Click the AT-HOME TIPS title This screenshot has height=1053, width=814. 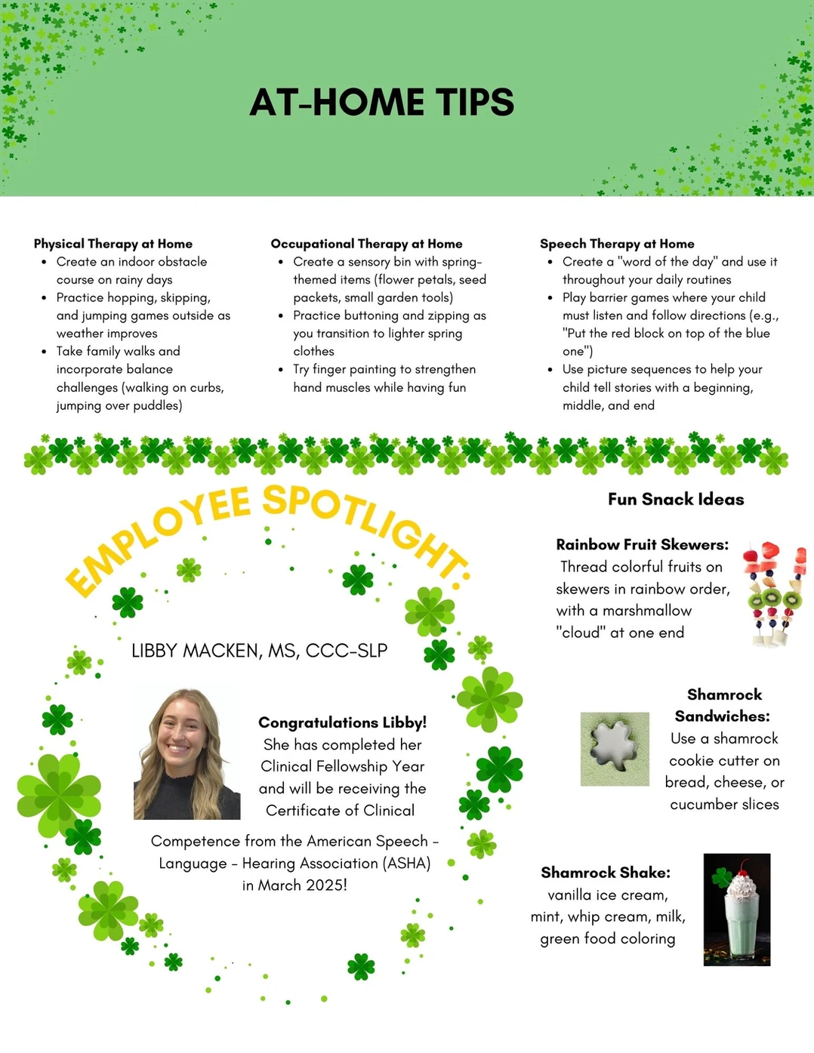(381, 103)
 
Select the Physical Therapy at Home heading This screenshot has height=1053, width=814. (113, 244)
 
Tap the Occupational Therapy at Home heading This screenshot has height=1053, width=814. (366, 244)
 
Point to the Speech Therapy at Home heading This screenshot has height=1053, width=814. (617, 244)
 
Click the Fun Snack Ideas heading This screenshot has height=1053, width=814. (676, 499)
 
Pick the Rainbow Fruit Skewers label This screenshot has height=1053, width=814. (643, 544)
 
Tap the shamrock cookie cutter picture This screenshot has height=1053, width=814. (615, 749)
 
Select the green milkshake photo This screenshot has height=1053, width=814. (737, 910)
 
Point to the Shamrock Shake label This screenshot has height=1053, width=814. (606, 873)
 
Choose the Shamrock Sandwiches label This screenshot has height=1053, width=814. (724, 705)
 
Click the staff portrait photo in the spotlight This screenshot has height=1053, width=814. (187, 754)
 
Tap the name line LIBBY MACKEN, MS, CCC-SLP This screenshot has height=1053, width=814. (259, 651)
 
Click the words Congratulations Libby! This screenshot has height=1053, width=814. (342, 722)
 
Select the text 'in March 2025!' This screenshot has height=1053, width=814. (294, 885)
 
